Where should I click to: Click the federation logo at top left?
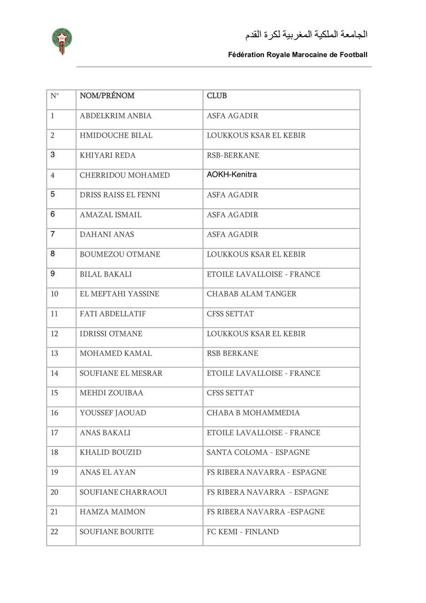click(x=62, y=41)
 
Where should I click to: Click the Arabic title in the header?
click(x=306, y=34)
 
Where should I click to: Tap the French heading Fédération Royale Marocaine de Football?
click(x=298, y=55)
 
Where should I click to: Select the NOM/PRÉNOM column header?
click(x=107, y=96)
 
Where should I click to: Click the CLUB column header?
click(x=217, y=96)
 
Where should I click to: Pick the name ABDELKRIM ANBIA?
click(x=115, y=116)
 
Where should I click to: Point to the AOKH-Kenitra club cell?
click(x=232, y=174)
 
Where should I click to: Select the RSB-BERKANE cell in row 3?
click(x=233, y=155)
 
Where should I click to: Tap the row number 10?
click(x=54, y=294)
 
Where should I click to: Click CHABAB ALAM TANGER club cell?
click(x=251, y=294)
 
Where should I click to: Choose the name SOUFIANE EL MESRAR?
click(x=121, y=373)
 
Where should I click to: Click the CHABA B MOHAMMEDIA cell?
click(x=253, y=413)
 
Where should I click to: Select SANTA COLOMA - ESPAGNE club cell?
click(x=258, y=453)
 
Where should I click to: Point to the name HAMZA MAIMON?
click(x=113, y=512)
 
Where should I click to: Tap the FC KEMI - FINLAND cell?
click(x=242, y=532)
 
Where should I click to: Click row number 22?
click(x=54, y=532)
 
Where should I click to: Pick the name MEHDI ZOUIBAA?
click(x=111, y=393)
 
